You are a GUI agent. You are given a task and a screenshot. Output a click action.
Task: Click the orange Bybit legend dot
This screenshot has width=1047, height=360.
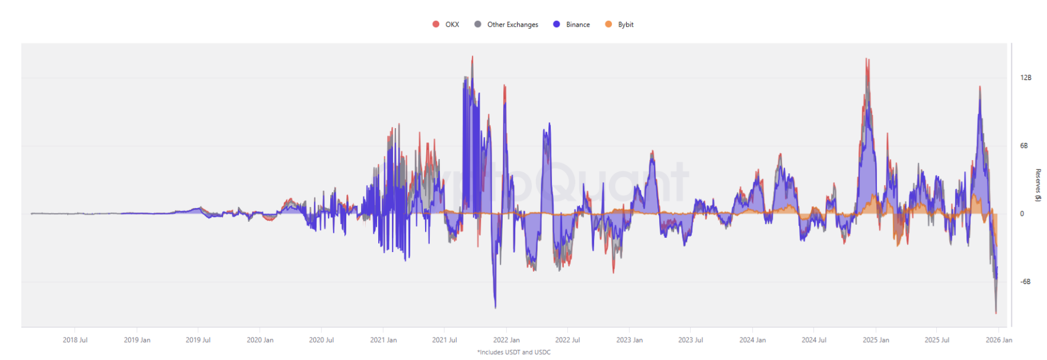608,24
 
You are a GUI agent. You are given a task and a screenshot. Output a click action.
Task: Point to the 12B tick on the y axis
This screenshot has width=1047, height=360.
1026,78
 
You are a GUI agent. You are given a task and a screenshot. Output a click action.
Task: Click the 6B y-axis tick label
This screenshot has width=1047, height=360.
1024,146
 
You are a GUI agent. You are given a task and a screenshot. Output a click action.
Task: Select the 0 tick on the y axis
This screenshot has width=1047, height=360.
1022,214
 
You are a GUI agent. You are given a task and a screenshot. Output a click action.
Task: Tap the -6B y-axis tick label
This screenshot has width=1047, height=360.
1025,282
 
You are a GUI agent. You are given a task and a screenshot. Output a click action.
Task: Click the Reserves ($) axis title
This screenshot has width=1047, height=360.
1038,185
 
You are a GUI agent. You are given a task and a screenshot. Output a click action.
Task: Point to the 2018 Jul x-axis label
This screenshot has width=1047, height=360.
75,340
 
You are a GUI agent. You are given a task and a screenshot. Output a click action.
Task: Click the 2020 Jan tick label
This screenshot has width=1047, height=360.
260,340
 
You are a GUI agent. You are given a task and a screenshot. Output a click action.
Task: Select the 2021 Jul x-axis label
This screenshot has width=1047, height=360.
445,340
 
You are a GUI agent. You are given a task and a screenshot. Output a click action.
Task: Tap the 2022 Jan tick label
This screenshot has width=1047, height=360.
506,340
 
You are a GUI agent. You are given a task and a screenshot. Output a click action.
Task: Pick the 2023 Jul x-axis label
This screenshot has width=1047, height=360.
691,340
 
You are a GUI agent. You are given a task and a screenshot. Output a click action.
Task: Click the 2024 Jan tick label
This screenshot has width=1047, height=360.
752,340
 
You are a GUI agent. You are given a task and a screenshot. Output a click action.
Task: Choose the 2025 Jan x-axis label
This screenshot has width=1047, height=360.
876,340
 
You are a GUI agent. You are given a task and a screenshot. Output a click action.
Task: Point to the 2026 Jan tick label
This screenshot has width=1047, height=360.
999,340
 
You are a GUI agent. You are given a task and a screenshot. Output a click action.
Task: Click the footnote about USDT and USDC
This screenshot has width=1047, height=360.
514,352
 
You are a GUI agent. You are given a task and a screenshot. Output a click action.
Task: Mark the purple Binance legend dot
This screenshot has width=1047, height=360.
557,24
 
